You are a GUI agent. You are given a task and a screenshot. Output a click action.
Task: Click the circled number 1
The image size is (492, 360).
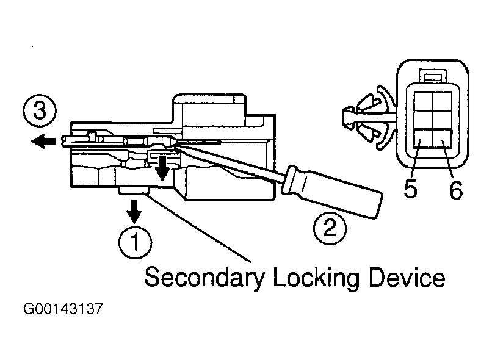[x=135, y=242]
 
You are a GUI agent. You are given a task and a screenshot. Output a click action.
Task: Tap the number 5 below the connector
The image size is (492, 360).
[x=410, y=190]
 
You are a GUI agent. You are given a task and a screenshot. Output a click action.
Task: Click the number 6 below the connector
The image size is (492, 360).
[x=455, y=190]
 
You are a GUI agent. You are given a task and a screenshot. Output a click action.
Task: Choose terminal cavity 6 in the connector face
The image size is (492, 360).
[x=440, y=139]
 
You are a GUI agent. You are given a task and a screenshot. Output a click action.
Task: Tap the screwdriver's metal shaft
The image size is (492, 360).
[x=232, y=159]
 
